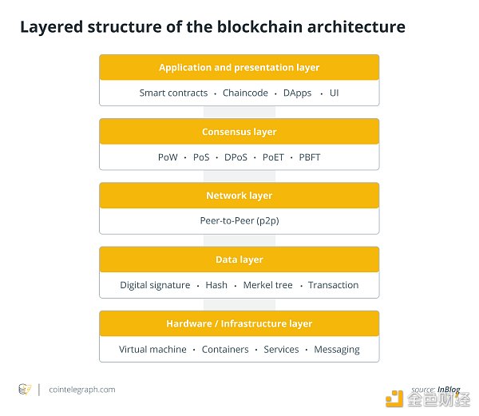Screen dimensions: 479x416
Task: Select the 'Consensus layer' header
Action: point(239,132)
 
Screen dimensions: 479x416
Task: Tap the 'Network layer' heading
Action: point(239,196)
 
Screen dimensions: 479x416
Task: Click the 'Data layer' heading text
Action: point(239,260)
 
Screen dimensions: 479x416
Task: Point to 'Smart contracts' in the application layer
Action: point(173,93)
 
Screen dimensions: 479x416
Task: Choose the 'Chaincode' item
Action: point(245,93)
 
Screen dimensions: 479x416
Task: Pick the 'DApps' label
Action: point(297,93)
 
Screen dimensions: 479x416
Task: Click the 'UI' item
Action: point(335,93)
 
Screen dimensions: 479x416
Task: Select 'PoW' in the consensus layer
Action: point(168,157)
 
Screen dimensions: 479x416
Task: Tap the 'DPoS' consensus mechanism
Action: point(236,157)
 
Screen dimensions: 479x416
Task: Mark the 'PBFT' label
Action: point(310,157)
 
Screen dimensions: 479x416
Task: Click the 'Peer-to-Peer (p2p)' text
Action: point(239,221)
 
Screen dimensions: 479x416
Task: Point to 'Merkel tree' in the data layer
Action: point(268,285)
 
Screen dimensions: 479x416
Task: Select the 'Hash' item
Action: point(216,285)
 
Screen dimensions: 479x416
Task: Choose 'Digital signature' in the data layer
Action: point(155,285)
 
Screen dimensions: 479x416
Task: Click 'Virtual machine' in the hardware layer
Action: point(152,349)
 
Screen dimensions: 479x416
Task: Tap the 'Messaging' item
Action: point(337,350)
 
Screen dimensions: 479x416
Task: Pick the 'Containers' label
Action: point(225,349)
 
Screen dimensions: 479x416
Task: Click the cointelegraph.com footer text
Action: point(82,390)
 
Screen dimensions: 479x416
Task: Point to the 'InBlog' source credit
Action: point(449,390)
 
